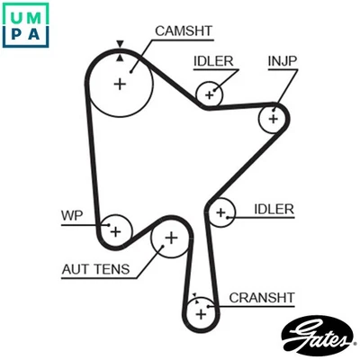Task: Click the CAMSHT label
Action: point(184,31)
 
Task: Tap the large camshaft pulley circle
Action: point(120,84)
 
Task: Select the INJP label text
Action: point(282,61)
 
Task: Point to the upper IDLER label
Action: point(213,61)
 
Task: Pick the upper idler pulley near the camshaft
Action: point(211,93)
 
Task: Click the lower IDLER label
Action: point(274,209)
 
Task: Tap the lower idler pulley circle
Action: point(220,213)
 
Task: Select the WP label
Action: point(71,216)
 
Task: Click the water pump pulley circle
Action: point(114,231)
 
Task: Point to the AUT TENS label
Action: point(95,268)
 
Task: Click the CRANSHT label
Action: point(261,298)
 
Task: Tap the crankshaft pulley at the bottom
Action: point(201,311)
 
